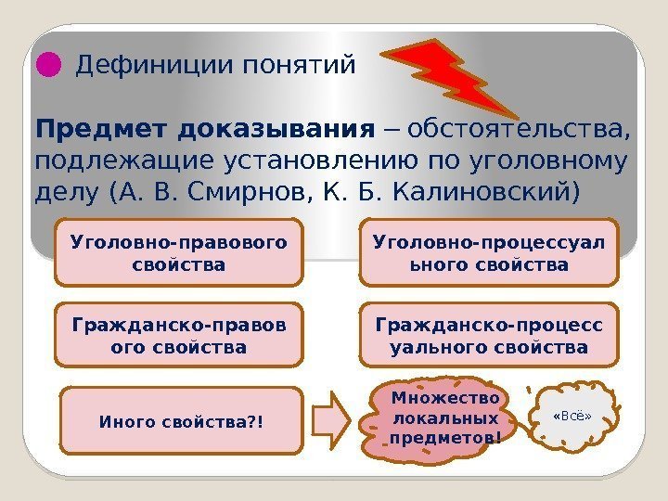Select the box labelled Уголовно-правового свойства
pyautogui.click(x=179, y=252)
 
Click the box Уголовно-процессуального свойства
pyautogui.click(x=487, y=252)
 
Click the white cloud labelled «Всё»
pyautogui.click(x=572, y=417)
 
